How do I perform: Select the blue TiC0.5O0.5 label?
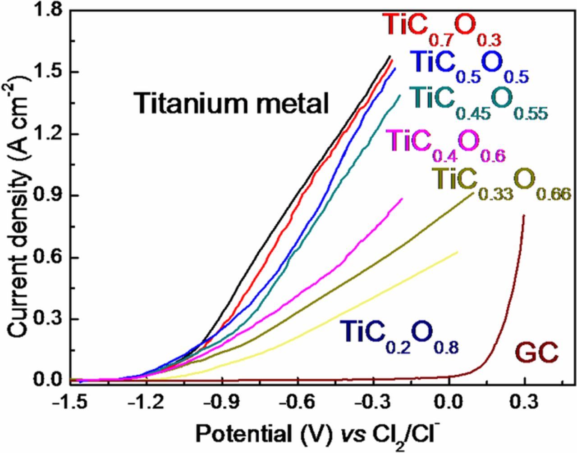pyautogui.click(x=469, y=67)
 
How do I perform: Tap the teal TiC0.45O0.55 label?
pyautogui.click(x=479, y=103)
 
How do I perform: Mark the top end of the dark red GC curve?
pyautogui.click(x=524, y=215)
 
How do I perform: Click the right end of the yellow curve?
pyautogui.click(x=458, y=252)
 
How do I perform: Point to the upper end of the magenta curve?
pyautogui.click(x=402, y=198)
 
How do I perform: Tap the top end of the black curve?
pyautogui.click(x=389, y=56)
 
